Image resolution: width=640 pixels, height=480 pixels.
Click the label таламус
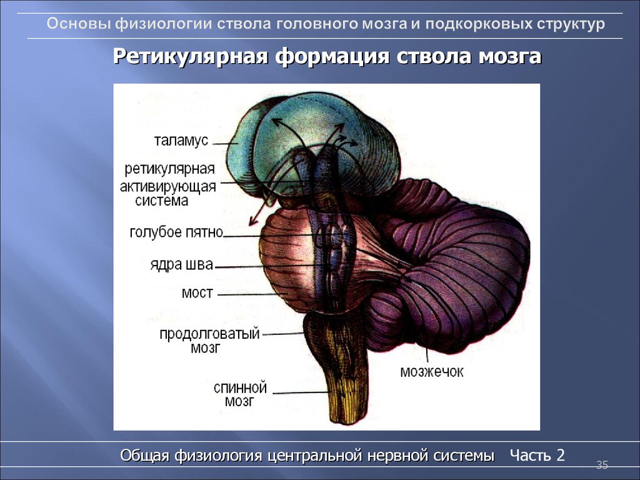[x=181, y=141]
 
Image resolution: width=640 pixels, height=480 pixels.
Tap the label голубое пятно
[x=176, y=232]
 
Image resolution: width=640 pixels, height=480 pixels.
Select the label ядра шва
[x=182, y=265]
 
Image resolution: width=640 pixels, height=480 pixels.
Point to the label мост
[x=197, y=293]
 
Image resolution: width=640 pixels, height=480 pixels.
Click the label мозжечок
[x=432, y=372]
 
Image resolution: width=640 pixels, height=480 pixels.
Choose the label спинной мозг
[x=240, y=394]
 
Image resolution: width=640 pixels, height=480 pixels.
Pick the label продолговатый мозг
[x=209, y=341]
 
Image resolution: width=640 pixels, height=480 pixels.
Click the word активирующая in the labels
[x=167, y=187]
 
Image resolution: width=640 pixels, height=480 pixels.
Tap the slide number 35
[x=602, y=465]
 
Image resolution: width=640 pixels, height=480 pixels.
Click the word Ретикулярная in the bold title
[x=190, y=56]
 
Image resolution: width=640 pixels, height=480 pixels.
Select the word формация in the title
[x=332, y=57]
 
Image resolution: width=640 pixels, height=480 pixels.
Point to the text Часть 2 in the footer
[x=537, y=455]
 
